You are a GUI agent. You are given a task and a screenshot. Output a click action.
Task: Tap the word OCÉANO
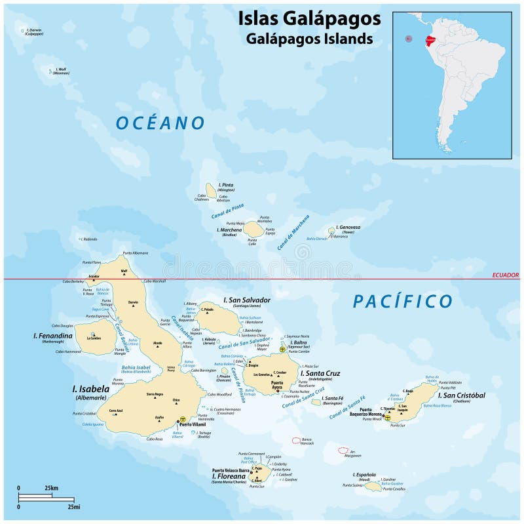(160, 123)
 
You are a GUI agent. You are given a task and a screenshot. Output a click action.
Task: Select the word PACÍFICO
(403, 301)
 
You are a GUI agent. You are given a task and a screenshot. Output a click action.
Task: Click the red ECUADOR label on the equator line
(504, 275)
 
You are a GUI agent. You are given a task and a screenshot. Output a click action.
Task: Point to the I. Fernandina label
(53, 336)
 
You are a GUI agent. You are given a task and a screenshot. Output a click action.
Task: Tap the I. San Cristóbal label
(460, 394)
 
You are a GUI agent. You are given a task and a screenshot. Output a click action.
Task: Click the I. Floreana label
(228, 475)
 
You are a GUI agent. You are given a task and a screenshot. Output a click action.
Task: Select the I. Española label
(365, 474)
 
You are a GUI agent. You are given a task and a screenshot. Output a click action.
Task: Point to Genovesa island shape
(332, 231)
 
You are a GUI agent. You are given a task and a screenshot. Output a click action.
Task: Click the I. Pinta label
(226, 185)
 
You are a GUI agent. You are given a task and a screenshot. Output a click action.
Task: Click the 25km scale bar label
(51, 488)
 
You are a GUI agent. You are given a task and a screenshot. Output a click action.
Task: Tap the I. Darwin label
(34, 30)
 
